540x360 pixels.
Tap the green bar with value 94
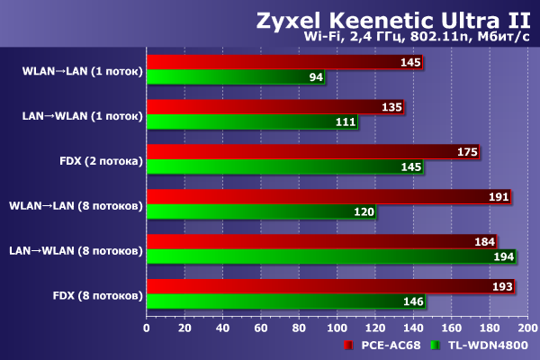tap(235, 77)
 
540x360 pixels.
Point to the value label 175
tap(467, 152)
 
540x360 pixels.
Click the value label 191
tap(498, 197)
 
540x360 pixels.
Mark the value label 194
tap(501, 257)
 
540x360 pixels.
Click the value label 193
tap(500, 287)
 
